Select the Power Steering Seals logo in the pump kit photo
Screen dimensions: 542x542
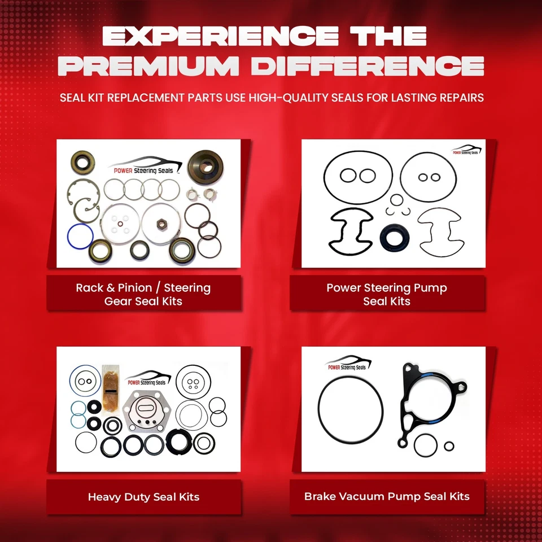click(466, 151)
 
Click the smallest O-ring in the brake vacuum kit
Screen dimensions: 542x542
click(449, 446)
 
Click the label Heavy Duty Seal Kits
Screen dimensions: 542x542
click(143, 497)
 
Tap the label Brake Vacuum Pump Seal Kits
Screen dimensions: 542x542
click(387, 497)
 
